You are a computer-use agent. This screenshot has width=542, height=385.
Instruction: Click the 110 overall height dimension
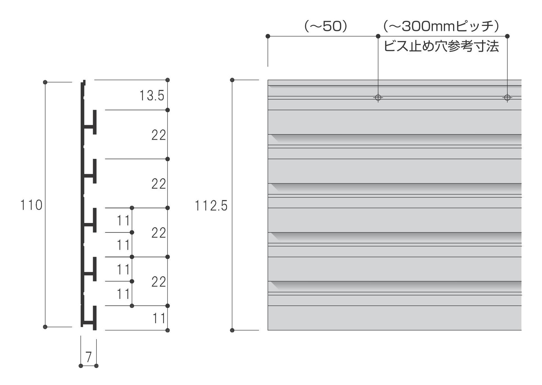point(31,205)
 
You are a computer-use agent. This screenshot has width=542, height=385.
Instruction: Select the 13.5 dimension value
point(152,96)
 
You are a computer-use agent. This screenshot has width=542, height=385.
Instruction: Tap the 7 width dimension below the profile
point(89,357)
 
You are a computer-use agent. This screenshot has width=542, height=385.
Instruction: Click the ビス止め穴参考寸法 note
point(441,46)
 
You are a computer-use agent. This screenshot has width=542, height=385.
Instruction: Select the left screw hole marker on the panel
point(378,98)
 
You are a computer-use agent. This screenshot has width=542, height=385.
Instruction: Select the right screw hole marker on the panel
point(507,98)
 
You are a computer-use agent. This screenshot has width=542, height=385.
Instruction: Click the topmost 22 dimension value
point(159,135)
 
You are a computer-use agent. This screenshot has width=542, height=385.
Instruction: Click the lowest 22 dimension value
point(159,282)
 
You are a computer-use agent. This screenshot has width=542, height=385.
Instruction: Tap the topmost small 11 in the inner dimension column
point(123,220)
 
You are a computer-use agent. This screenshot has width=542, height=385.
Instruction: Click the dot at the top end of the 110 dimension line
point(45,82)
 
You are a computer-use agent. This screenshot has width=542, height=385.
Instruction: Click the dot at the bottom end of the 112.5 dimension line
point(232,330)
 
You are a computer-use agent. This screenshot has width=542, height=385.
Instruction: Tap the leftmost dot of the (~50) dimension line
point(268,36)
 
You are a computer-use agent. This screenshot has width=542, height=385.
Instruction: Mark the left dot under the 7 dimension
point(81,366)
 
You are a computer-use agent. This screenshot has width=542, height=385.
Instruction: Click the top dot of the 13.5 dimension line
point(168,80)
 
